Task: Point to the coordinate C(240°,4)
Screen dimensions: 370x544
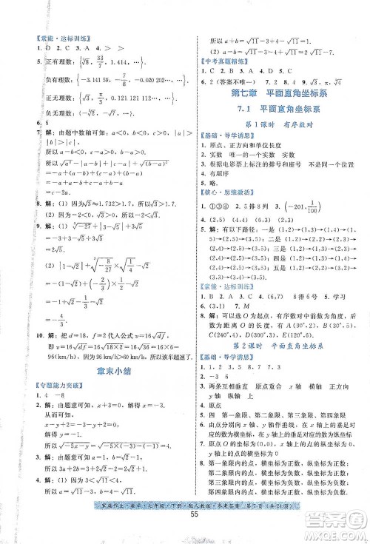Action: click(x=223, y=332)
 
